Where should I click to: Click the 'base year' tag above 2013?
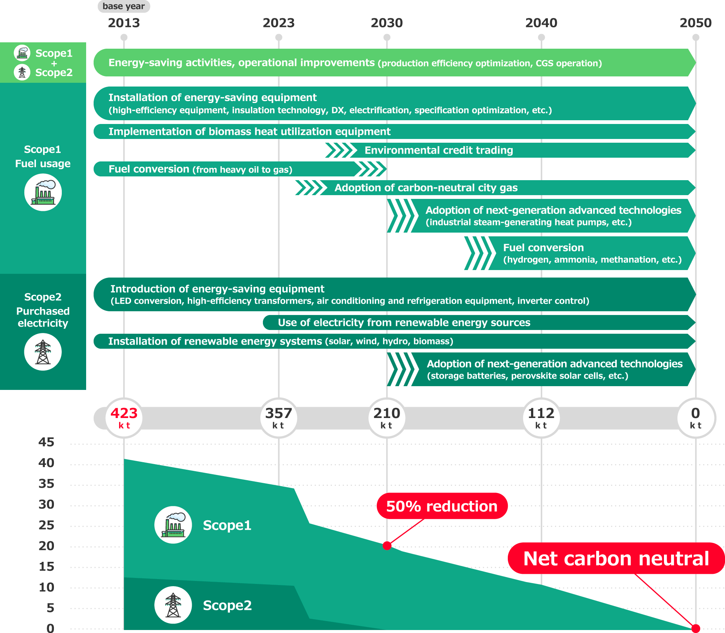(x=124, y=6)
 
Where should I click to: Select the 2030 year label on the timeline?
(x=386, y=23)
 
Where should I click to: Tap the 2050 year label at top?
(x=695, y=23)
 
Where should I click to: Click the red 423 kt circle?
(x=124, y=418)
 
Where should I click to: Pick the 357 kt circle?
(x=278, y=418)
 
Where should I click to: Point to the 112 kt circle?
(x=541, y=418)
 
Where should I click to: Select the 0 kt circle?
(x=695, y=418)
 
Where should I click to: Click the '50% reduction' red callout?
(x=442, y=506)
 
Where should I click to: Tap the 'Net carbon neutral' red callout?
(x=616, y=558)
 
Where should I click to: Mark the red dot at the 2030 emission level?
(x=387, y=546)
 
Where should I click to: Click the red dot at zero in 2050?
(x=695, y=628)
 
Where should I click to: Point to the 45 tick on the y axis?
(x=46, y=442)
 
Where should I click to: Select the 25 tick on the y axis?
(x=46, y=525)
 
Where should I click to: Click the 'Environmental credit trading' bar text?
(x=439, y=150)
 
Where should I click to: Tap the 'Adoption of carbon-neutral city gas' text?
(x=426, y=188)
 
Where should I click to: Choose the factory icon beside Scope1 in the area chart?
(x=173, y=525)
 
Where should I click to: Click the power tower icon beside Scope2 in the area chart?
(x=173, y=605)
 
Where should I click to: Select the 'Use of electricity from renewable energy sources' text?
(x=404, y=322)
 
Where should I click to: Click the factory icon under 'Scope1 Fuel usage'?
(x=43, y=193)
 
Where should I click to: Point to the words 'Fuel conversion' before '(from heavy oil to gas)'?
(x=149, y=169)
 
